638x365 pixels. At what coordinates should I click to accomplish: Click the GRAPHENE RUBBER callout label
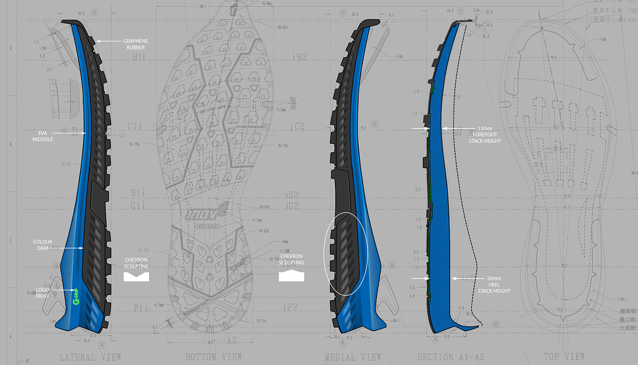[135, 44]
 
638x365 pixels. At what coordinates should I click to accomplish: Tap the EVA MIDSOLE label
[43, 136]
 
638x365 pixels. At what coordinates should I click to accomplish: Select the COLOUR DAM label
[43, 245]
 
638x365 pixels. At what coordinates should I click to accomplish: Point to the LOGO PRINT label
[43, 292]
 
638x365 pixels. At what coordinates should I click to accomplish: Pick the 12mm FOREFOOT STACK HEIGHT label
[485, 135]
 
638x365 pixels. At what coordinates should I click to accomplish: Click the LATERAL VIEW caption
[90, 357]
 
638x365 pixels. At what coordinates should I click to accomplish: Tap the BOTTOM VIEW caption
[213, 357]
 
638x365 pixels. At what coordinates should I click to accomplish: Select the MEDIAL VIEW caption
[353, 357]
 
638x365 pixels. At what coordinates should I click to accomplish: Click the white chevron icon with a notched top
[137, 276]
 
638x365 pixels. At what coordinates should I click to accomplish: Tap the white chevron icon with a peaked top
[292, 276]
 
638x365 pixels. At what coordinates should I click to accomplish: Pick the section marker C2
[299, 126]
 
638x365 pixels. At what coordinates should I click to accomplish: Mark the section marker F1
[138, 307]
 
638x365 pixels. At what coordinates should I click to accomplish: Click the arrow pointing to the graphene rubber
[109, 42]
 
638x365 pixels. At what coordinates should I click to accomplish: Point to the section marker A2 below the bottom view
[232, 339]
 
